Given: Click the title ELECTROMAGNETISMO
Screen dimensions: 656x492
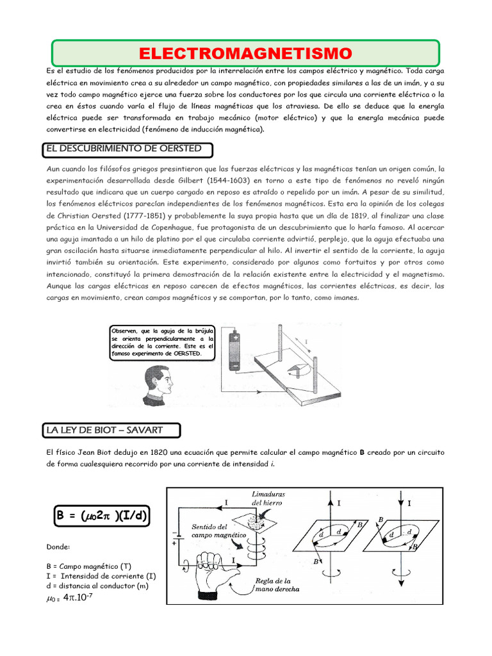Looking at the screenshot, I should pyautogui.click(x=245, y=53).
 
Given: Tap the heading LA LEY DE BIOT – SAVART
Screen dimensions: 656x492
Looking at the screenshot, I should pyautogui.click(x=113, y=429).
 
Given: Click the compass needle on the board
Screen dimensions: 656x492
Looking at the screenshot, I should pyautogui.click(x=295, y=370).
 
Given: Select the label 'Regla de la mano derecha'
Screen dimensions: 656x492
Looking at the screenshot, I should pyautogui.click(x=277, y=585).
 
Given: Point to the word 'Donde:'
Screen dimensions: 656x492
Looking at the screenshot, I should pyautogui.click(x=58, y=547).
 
